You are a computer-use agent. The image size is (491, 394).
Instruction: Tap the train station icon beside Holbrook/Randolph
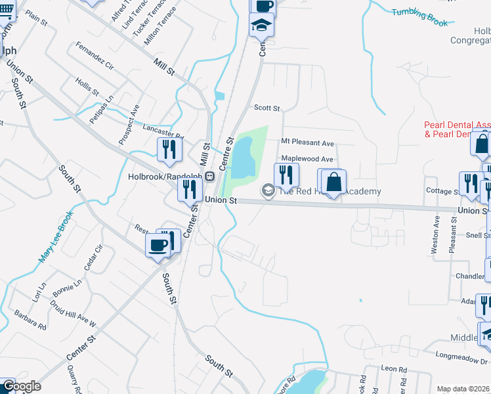point(209,177)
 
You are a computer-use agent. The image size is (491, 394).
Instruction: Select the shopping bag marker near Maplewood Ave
point(333,182)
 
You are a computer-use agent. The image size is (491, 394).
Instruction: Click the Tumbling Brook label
point(419,17)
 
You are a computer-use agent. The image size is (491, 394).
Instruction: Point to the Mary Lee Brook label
point(55,237)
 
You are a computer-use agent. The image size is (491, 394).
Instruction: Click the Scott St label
point(267,108)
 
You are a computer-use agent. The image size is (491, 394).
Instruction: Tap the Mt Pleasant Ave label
point(307,142)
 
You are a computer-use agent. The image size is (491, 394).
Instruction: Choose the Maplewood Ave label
point(307,159)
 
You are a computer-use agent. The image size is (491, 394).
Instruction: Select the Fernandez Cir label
point(95,57)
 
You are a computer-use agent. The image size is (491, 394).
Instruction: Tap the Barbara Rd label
point(30,320)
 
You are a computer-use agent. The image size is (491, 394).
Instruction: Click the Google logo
point(21,386)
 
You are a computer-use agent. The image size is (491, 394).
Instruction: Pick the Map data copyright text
point(463,389)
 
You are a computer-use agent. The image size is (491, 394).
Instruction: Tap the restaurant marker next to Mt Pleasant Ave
point(286,175)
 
